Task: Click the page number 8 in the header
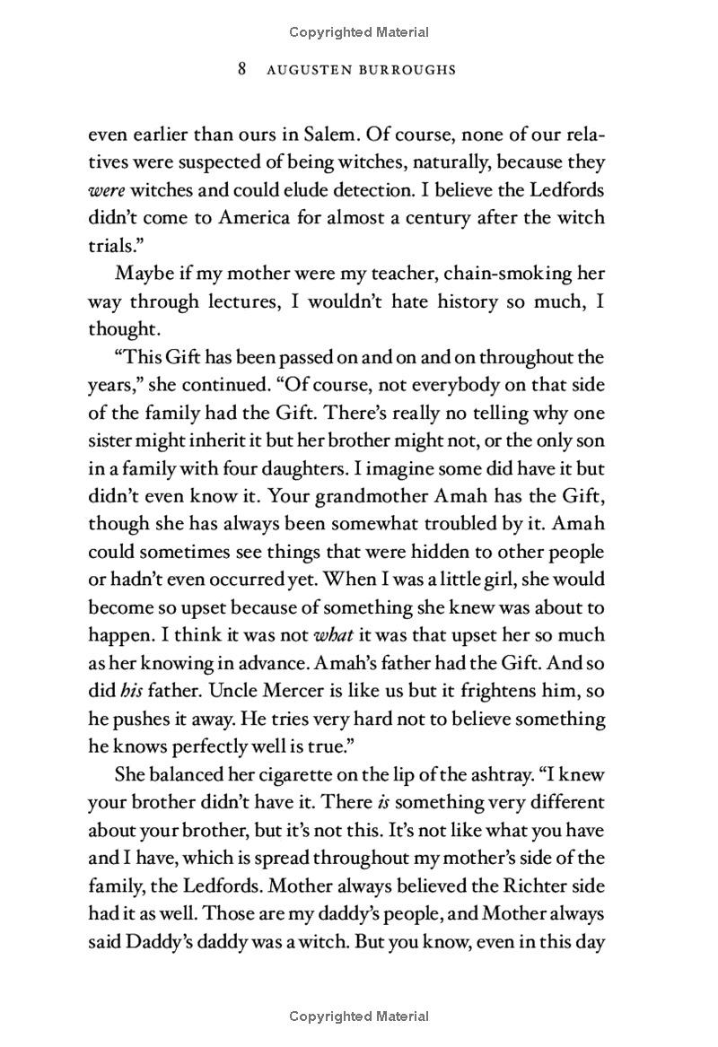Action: point(242,69)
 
